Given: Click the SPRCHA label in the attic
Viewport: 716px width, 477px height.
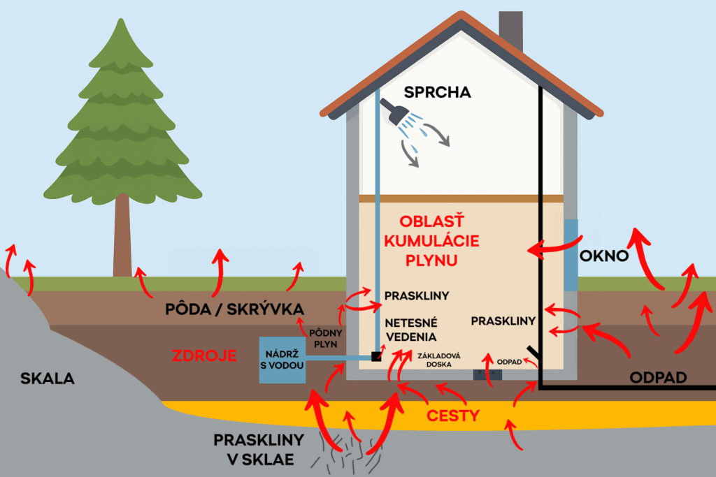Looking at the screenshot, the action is point(437,92).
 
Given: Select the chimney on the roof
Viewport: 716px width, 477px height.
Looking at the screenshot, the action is point(511,31).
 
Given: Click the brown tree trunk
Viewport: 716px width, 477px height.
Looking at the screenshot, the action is point(122,235).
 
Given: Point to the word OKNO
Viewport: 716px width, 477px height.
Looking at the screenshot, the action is point(603,256).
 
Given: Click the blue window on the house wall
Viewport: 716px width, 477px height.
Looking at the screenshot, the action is point(571,254).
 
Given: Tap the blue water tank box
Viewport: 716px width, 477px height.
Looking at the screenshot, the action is point(282,360).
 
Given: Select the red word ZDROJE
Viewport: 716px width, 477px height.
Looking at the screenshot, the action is point(204,355).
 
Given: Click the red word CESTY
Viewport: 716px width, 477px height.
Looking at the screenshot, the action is point(453,416).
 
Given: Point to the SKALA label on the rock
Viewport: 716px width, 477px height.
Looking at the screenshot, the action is point(48,378).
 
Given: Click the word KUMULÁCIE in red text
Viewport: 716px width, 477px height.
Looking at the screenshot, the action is point(431,241).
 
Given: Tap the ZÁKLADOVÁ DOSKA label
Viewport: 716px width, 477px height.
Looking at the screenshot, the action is point(439,360).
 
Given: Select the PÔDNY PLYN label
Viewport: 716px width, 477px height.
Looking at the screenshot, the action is point(326,338).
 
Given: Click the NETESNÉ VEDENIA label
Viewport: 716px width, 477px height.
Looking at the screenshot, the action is point(411,330).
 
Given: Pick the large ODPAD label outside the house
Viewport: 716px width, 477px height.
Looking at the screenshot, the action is point(658,378).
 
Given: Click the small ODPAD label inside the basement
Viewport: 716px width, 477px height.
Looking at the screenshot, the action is point(509,362).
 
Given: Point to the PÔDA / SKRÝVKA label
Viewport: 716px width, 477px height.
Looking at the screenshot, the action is point(234,309).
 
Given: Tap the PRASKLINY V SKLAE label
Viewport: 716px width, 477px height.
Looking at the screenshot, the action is point(259,450).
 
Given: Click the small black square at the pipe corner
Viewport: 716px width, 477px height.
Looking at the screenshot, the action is point(376,356).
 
